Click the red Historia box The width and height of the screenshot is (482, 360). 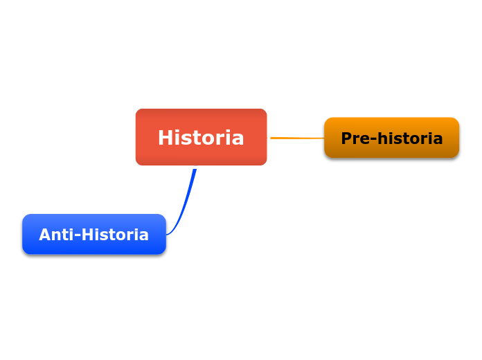point(201,137)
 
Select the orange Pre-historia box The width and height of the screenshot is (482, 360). point(392,138)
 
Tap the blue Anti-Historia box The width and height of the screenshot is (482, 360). point(94,234)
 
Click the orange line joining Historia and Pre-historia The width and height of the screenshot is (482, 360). point(297,138)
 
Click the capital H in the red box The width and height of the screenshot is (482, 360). point(165,137)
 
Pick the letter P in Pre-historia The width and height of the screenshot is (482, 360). point(347,138)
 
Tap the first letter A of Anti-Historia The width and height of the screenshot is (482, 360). point(45,234)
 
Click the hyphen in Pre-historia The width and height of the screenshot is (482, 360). point(374,140)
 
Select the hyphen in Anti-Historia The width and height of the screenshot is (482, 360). point(78,236)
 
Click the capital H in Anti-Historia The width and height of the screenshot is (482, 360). point(88,234)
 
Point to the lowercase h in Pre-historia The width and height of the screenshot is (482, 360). point(383,138)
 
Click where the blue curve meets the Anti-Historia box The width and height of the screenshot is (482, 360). point(166,235)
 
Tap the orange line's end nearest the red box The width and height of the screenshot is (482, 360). point(271,138)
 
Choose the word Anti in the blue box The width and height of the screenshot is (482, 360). point(57,234)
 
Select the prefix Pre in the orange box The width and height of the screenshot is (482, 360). point(356,138)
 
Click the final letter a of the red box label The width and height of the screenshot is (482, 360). point(238,139)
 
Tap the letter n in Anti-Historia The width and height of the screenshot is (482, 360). point(57,236)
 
